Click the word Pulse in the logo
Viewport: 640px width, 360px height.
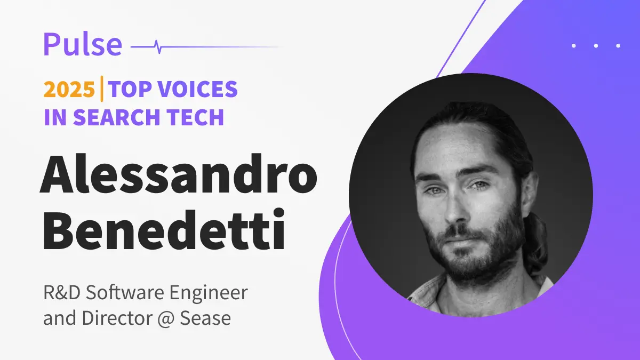click(83, 44)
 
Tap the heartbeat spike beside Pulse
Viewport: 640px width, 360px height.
click(158, 47)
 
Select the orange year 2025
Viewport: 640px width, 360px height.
click(69, 90)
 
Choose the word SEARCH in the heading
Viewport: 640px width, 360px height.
click(116, 117)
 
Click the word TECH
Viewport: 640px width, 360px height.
click(195, 117)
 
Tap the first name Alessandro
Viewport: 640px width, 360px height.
click(179, 174)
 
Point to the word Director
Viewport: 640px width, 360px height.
click(117, 318)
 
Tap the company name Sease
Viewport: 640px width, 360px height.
click(205, 318)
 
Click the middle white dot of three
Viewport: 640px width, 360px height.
click(596, 46)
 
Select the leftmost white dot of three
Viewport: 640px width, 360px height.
click(573, 46)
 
